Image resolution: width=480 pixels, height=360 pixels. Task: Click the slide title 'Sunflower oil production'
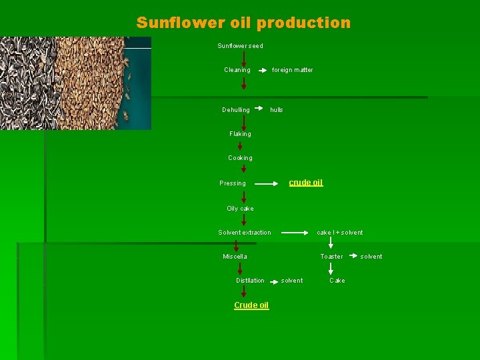(x=243, y=23)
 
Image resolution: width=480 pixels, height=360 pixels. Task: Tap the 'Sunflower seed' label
(x=240, y=46)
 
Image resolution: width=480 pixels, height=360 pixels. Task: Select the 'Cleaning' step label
(x=237, y=70)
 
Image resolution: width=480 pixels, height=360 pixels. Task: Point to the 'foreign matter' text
(x=292, y=70)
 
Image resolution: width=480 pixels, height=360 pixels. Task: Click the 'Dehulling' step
(x=236, y=110)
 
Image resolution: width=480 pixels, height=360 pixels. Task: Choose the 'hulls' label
(x=276, y=110)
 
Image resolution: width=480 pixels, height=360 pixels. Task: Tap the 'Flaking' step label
(x=240, y=134)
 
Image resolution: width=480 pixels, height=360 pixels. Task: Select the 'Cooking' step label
(x=240, y=158)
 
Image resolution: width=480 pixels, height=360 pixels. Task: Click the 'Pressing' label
(x=233, y=183)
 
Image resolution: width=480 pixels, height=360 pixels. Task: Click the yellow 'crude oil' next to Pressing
(x=305, y=183)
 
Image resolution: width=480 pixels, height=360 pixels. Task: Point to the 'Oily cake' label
(x=240, y=209)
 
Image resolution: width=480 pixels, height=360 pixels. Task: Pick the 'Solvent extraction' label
(x=245, y=233)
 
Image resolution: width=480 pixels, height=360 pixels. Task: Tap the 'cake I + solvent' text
(x=340, y=233)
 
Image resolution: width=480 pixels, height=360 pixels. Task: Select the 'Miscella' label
(x=235, y=257)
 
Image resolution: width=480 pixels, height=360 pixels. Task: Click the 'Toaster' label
(x=331, y=257)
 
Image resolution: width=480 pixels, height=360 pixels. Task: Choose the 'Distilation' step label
(x=250, y=281)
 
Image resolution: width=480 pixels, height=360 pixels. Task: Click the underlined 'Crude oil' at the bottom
(x=251, y=305)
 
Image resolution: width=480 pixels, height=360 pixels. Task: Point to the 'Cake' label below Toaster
(x=337, y=281)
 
